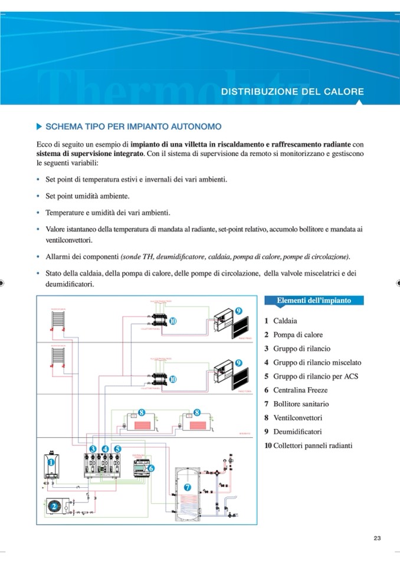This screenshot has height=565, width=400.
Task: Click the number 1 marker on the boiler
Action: tap(51, 462)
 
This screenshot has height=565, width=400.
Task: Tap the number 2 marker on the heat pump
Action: tap(54, 505)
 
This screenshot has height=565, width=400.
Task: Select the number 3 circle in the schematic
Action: tap(93, 448)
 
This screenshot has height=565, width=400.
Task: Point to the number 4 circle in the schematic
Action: tap(105, 448)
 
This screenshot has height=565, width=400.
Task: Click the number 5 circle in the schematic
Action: tap(117, 448)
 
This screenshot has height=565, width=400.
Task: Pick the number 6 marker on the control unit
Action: tap(151, 468)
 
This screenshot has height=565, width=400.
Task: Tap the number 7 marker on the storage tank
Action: tap(187, 487)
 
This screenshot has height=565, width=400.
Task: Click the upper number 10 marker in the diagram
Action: tap(173, 321)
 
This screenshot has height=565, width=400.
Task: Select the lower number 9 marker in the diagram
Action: tap(240, 362)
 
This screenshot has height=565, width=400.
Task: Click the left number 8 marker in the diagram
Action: tap(142, 412)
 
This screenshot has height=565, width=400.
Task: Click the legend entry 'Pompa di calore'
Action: tap(297, 335)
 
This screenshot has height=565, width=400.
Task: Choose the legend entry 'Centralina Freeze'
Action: tap(300, 390)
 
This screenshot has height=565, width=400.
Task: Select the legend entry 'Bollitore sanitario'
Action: tap(301, 404)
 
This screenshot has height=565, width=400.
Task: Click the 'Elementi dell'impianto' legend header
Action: tap(314, 300)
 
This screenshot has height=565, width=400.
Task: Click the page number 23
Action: tap(378, 537)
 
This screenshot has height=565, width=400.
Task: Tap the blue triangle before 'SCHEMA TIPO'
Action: tap(40, 126)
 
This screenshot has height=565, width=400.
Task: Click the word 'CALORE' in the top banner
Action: tap(344, 92)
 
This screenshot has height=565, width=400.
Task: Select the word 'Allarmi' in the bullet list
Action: tap(58, 257)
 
